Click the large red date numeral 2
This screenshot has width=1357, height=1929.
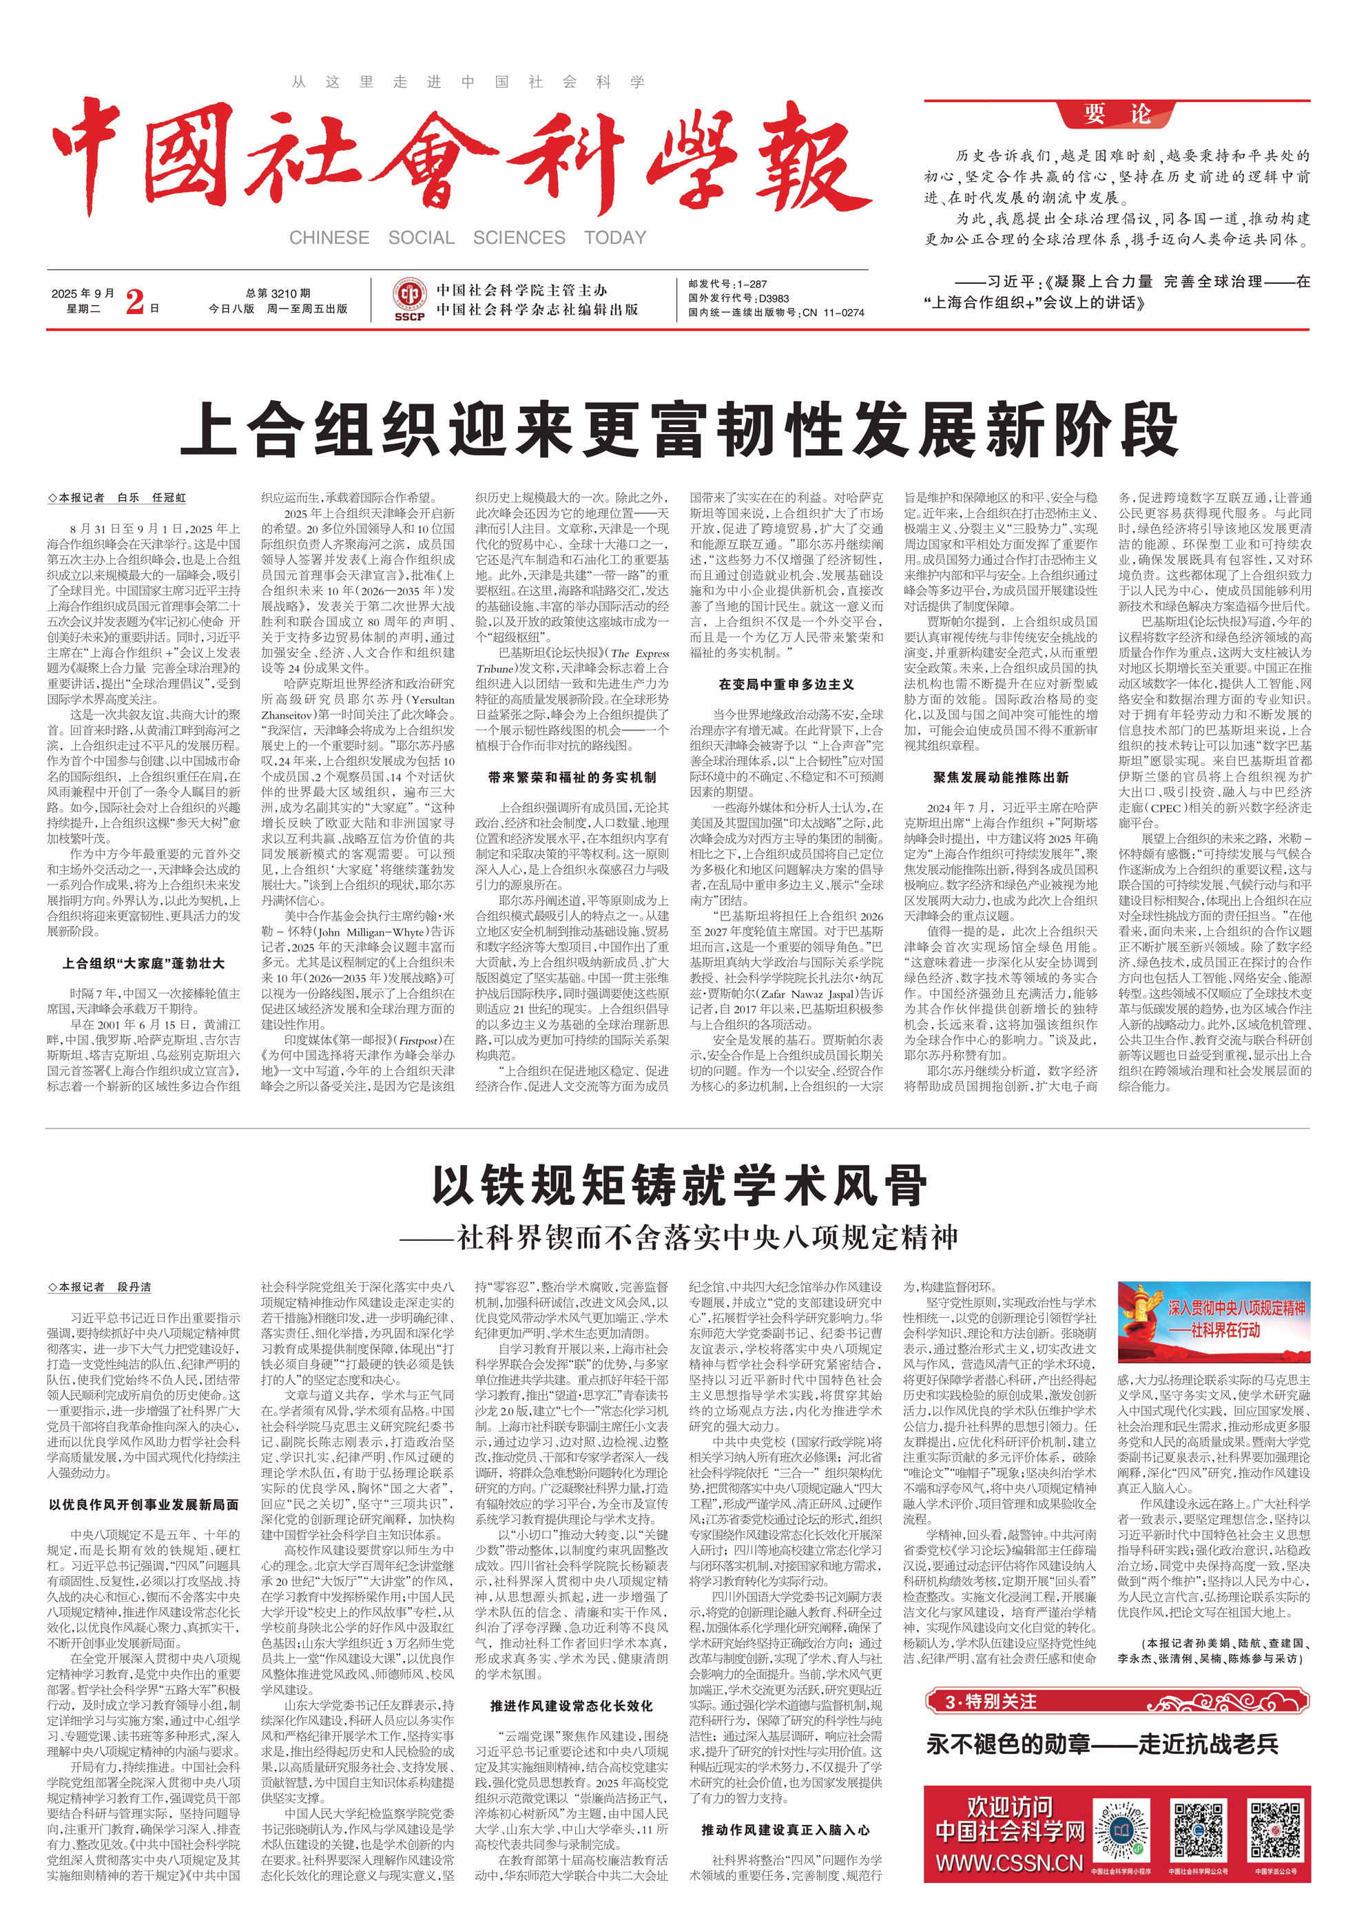tap(134, 301)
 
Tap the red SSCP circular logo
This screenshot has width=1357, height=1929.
tap(409, 298)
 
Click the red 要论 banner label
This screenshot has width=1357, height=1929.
tap(1117, 114)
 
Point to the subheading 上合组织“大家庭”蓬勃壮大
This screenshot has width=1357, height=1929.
tap(144, 963)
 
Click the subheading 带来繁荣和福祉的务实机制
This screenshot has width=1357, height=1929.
tap(572, 778)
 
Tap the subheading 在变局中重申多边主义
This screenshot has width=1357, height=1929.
tap(787, 685)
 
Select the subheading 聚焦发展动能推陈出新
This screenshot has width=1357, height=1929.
tap(1001, 778)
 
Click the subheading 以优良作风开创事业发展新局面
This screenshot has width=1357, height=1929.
tap(144, 1505)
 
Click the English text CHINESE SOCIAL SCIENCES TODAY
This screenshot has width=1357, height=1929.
tap(467, 238)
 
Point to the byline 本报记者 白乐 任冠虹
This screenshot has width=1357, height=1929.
tap(118, 498)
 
